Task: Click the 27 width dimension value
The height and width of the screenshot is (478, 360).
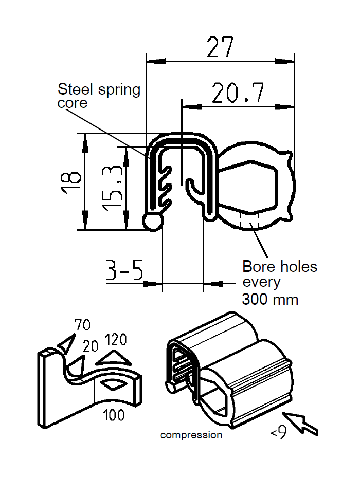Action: [x=220, y=47]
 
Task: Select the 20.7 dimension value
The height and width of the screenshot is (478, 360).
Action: [x=238, y=94]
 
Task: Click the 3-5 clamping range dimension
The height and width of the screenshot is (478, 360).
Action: [x=124, y=269]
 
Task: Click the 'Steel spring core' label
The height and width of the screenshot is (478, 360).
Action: [x=98, y=96]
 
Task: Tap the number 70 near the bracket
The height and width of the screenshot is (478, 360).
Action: [x=82, y=325]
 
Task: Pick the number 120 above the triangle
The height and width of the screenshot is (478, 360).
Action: [x=116, y=340]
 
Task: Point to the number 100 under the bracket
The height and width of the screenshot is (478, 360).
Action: [x=113, y=415]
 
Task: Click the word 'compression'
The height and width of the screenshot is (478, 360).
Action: [x=191, y=435]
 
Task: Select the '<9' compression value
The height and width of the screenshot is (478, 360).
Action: [x=278, y=434]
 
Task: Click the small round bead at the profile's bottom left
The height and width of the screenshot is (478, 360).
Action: [x=153, y=222]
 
